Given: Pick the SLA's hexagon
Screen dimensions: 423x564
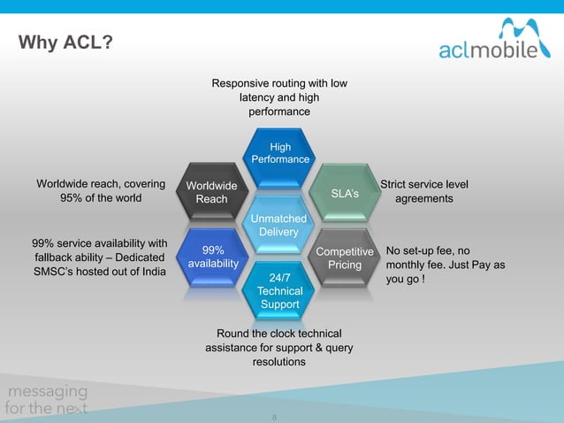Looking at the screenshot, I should pyautogui.click(x=344, y=192).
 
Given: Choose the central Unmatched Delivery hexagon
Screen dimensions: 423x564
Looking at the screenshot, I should pyautogui.click(x=279, y=226).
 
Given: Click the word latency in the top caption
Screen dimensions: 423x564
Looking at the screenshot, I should pyautogui.click(x=259, y=98).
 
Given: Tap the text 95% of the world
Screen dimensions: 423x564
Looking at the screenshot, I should pyautogui.click(x=101, y=198).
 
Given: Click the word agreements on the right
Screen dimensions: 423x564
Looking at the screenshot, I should pyautogui.click(x=423, y=199).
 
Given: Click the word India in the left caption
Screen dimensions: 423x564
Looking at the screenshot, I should pyautogui.click(x=149, y=272).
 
